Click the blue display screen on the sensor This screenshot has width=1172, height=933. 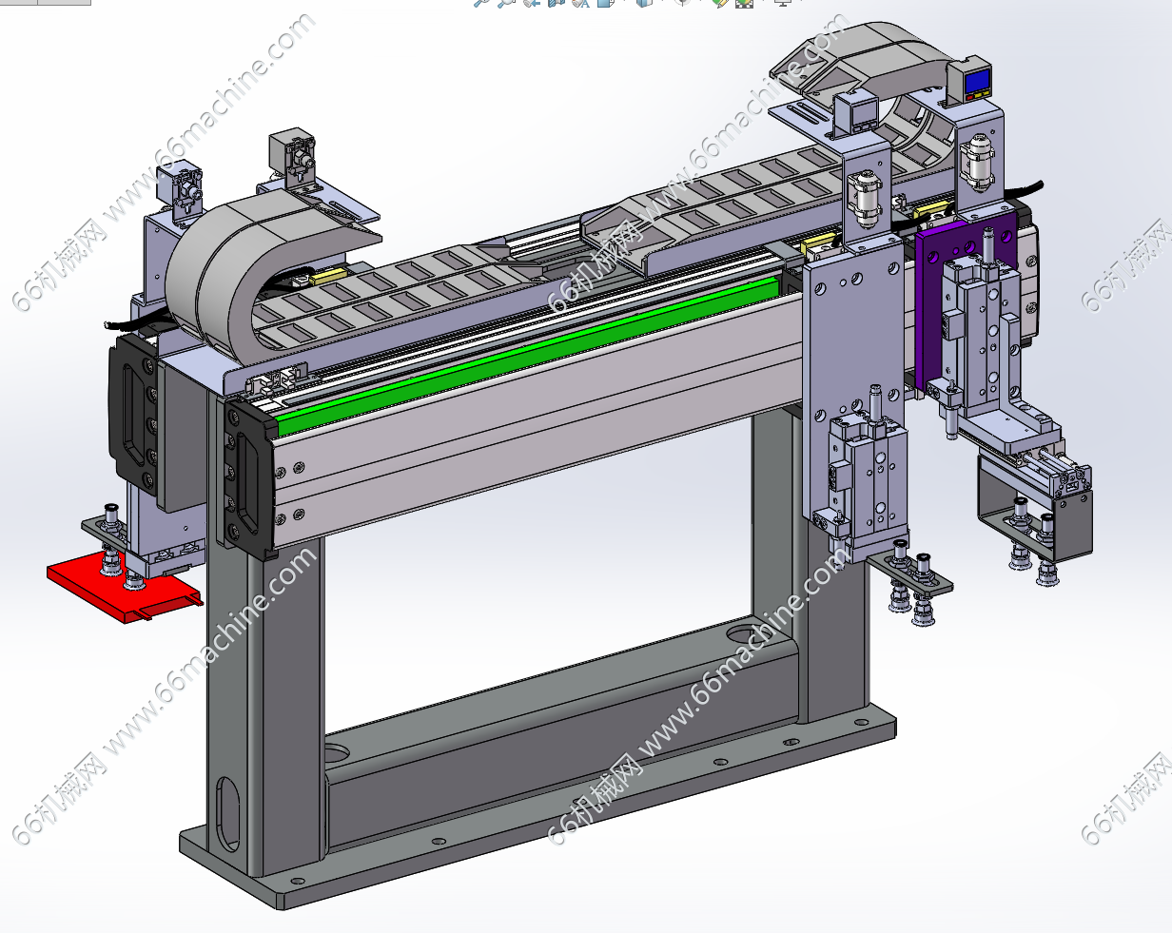[978, 82]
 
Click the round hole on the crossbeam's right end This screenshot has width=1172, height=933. [742, 634]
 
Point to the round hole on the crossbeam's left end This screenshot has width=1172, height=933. [336, 755]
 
